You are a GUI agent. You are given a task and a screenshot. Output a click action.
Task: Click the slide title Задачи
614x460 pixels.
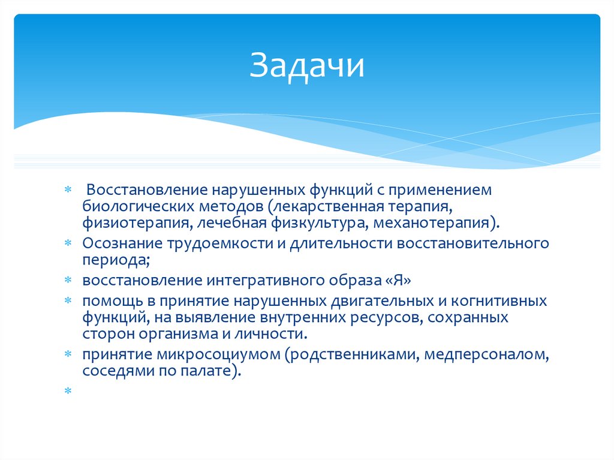click(307, 66)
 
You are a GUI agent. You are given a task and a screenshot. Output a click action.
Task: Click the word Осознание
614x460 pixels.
click(121, 244)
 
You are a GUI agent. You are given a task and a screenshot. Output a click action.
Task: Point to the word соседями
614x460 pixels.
click(111, 371)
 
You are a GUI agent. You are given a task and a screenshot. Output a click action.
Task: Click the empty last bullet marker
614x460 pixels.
click(68, 390)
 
